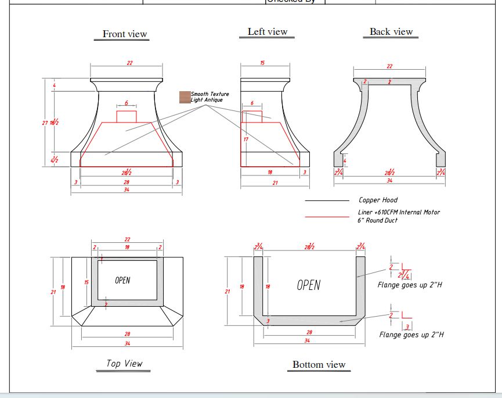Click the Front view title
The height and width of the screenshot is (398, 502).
click(125, 34)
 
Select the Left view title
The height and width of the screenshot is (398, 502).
click(267, 32)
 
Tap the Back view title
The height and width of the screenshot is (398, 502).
click(391, 32)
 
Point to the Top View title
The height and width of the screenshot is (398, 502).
click(124, 363)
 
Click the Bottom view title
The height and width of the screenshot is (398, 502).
click(319, 365)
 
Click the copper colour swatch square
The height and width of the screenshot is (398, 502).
click(185, 97)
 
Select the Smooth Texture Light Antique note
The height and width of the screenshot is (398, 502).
click(210, 97)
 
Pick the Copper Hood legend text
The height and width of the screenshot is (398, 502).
click(378, 200)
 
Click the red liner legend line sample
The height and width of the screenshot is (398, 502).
click(327, 216)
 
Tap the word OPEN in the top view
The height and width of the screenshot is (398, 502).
click(122, 281)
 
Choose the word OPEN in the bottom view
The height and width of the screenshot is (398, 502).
click(308, 285)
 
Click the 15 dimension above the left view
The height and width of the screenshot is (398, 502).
click(262, 63)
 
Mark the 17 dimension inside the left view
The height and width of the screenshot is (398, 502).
click(246, 139)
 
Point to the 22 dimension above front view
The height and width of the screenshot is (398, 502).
click(129, 63)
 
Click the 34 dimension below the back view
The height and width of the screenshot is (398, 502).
click(389, 181)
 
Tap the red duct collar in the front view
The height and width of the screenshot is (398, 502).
click(127, 116)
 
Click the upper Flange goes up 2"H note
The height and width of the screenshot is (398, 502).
click(410, 285)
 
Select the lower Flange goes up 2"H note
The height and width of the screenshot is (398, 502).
click(411, 335)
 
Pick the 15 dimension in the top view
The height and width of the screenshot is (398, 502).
click(86, 282)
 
